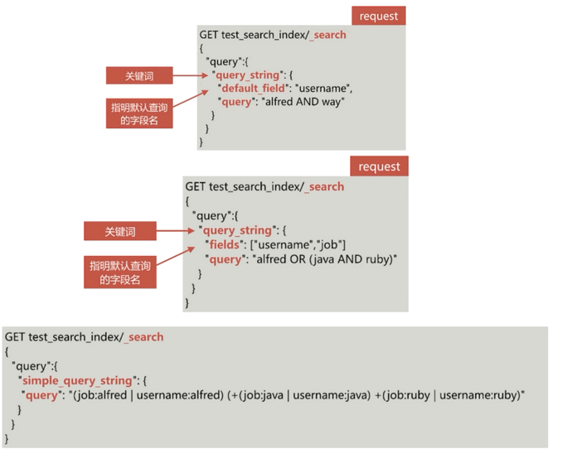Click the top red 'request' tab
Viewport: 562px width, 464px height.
tap(379, 15)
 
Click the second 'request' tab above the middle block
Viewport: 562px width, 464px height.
tap(379, 167)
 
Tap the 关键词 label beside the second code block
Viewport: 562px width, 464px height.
tap(119, 231)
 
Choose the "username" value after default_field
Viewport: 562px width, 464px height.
tap(326, 88)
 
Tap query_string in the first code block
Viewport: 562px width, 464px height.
tap(247, 75)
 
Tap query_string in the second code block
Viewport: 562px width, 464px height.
tap(237, 230)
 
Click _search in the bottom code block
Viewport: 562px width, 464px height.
tap(144, 337)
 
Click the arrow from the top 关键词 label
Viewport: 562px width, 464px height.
tap(192, 75)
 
